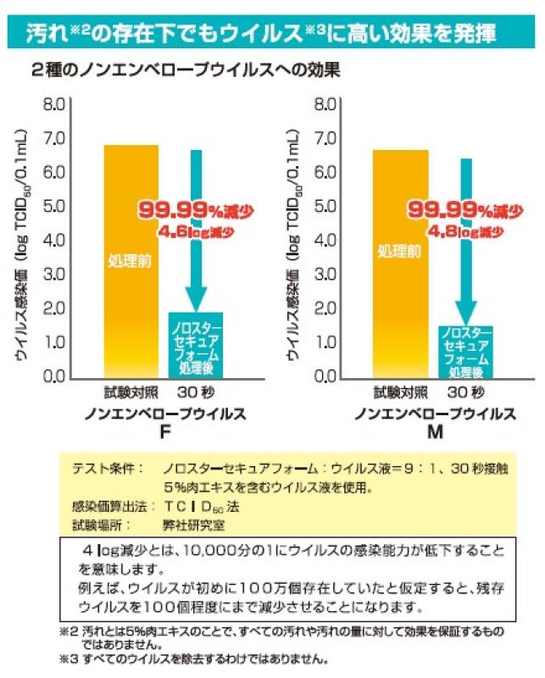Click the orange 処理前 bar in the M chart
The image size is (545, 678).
(400, 263)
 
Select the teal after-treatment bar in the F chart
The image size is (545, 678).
(196, 343)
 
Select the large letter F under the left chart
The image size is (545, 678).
(164, 432)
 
